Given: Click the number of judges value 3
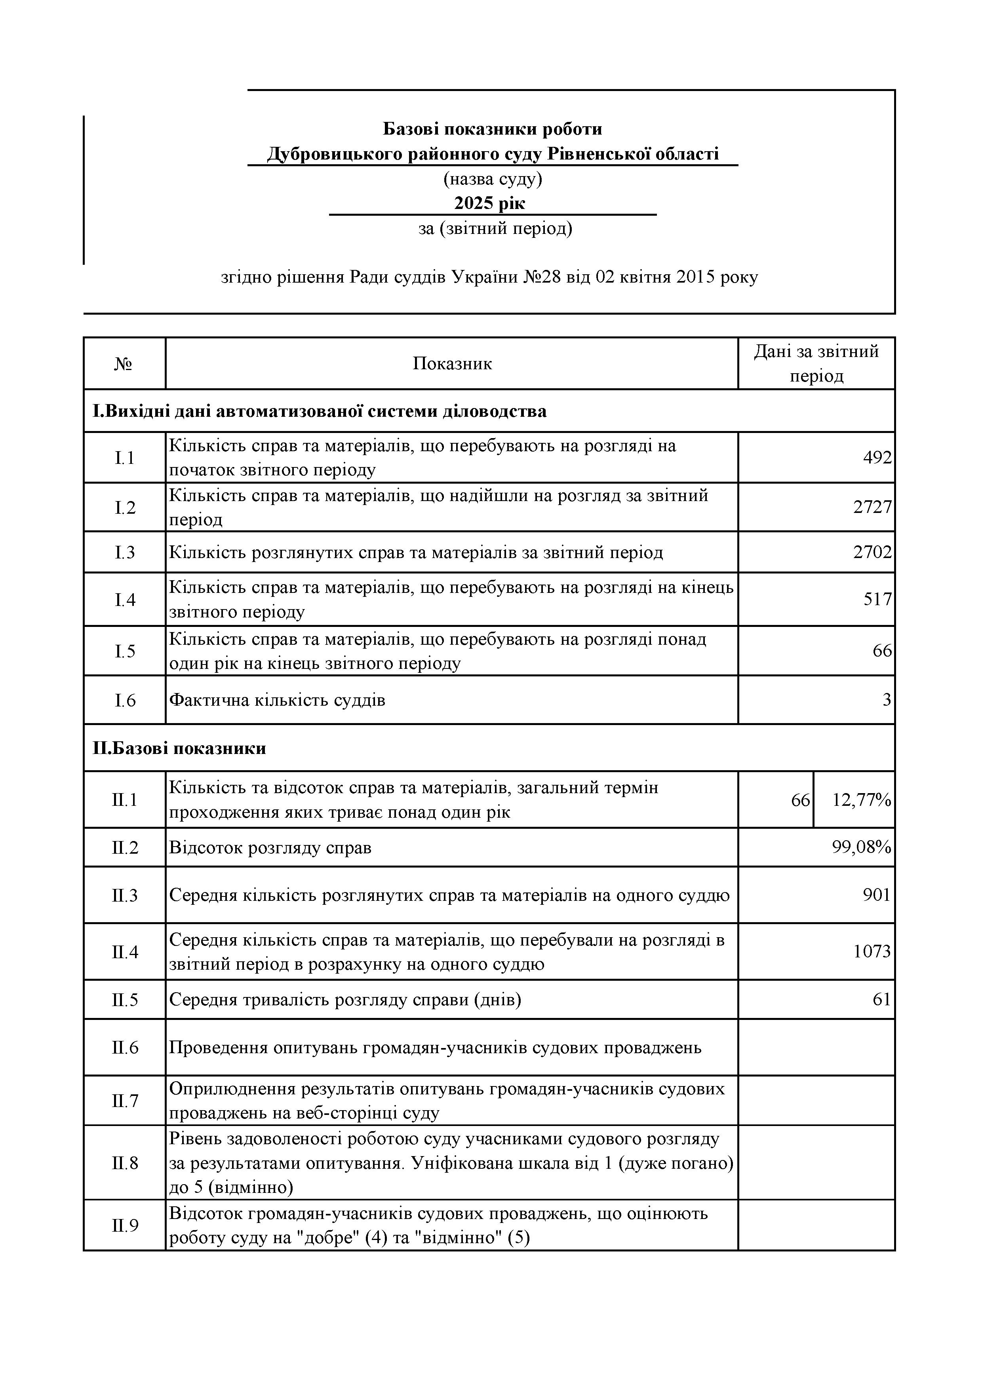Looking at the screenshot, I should click(887, 700).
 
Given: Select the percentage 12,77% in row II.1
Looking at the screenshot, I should click(861, 800).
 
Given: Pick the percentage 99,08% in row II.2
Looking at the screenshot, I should click(861, 847).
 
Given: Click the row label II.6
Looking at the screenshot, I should click(125, 1047).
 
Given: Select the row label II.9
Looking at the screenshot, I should click(125, 1225).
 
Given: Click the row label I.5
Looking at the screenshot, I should click(125, 651).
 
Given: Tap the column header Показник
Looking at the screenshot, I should click(452, 363).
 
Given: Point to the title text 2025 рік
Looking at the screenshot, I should click(490, 203).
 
